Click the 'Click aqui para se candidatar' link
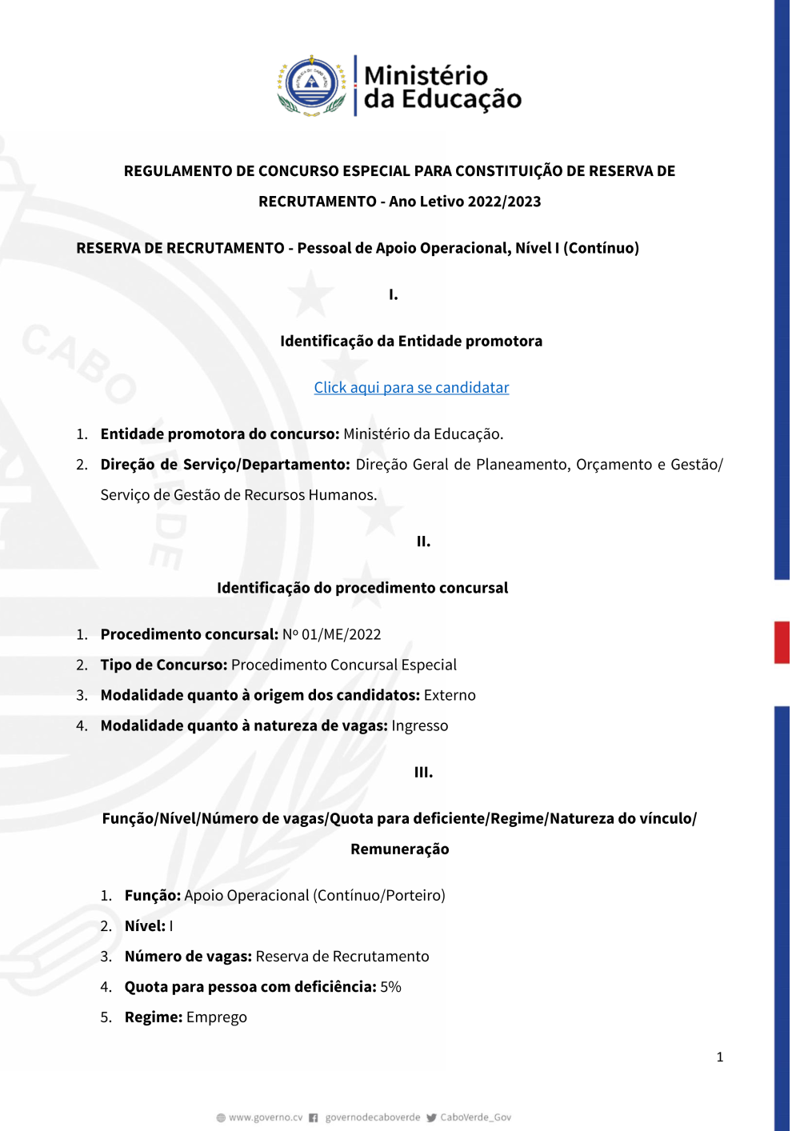tap(411, 388)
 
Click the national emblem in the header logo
tap(312, 85)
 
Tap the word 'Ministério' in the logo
tap(426, 75)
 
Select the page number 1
tap(720, 1057)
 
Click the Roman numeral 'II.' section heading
tap(423, 542)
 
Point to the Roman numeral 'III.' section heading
tap(423, 773)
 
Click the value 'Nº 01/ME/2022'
tap(331, 635)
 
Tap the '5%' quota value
tap(390, 987)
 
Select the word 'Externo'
tap(450, 696)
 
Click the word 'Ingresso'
tap(420, 726)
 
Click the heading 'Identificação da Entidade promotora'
tap(411, 342)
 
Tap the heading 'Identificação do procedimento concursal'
tap(362, 588)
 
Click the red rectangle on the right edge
tap(782, 642)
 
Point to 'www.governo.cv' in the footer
tap(266, 1117)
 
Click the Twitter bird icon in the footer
tap(431, 1117)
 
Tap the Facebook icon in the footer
tap(314, 1117)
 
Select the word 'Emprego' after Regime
tap(217, 1017)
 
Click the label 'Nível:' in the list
tap(145, 926)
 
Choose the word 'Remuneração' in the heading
tap(400, 849)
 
